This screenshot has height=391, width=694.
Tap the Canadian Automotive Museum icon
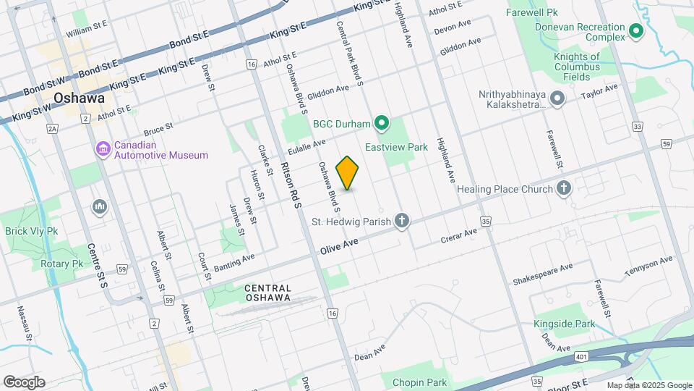(x=103, y=149)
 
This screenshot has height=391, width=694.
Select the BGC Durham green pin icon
(x=382, y=124)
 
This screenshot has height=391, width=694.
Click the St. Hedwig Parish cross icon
(x=402, y=221)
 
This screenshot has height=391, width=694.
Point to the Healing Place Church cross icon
(x=564, y=189)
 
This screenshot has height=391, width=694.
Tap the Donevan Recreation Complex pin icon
(x=636, y=31)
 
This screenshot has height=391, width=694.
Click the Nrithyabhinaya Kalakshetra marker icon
(x=557, y=98)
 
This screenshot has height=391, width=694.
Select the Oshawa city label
(x=79, y=98)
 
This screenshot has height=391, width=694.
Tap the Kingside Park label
(x=564, y=324)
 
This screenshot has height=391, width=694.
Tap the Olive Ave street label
(x=339, y=246)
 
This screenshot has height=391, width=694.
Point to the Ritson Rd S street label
(x=290, y=185)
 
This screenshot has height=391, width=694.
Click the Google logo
(x=24, y=382)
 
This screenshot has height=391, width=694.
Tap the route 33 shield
(x=636, y=126)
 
